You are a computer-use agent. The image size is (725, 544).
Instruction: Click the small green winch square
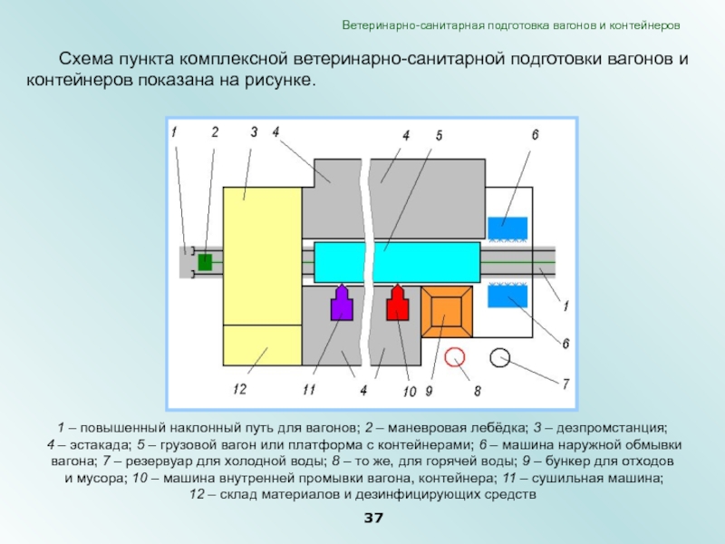205,262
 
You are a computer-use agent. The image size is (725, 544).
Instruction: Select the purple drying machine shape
342,305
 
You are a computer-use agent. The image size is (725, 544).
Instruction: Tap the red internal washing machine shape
398,305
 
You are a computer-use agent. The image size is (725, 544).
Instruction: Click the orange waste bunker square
447,311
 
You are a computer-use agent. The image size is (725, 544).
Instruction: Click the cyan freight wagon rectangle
397,262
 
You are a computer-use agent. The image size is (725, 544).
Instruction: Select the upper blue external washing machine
507,228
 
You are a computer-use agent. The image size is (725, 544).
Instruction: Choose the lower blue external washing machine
507,296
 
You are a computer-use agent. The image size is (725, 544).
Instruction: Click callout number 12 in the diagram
239,390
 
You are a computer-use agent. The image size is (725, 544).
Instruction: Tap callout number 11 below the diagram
308,390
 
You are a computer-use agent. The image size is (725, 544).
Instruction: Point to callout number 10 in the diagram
409,392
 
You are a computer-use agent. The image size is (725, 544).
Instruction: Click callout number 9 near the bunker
430,391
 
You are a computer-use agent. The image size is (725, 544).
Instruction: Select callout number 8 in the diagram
477,391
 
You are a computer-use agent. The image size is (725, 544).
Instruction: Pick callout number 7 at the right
565,384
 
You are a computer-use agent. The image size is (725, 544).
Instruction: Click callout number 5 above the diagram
439,135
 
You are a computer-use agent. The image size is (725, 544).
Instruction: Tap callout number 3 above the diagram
254,131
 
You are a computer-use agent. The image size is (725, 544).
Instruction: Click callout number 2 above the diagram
215,131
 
